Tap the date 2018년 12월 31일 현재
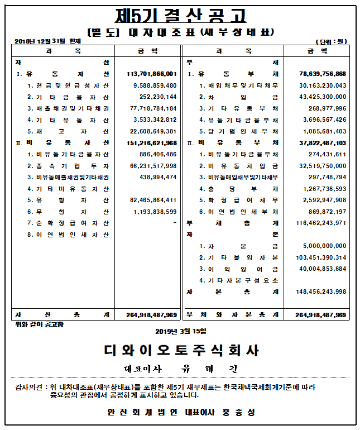47,41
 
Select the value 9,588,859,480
155,85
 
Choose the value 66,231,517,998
153,166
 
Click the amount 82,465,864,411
153,200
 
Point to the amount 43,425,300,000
323,97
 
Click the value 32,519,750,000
323,166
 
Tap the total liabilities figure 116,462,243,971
321,223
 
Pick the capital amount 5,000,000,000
324,246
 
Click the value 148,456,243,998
321,292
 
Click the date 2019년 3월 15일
180,332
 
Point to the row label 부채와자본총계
233,315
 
